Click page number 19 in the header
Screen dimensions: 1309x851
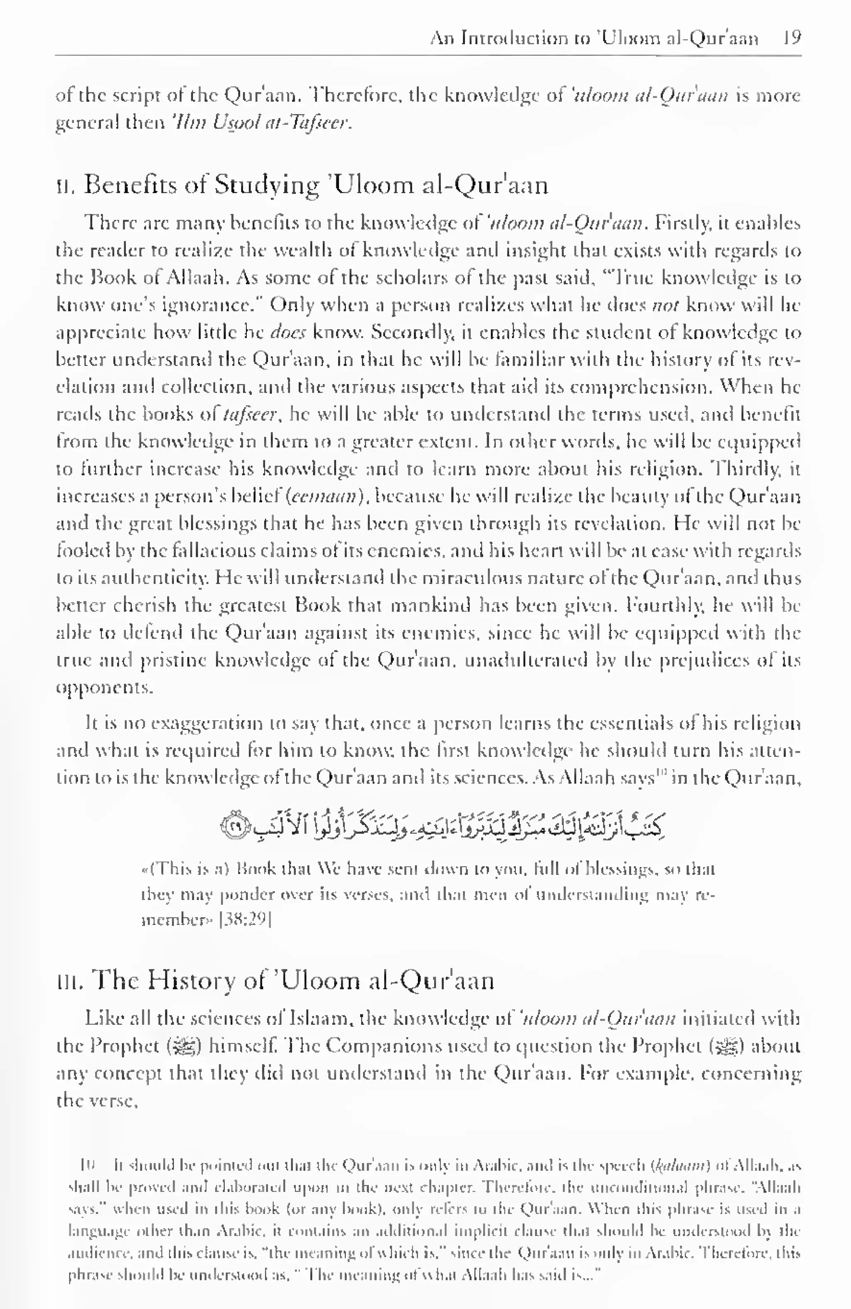pos(792,38)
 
